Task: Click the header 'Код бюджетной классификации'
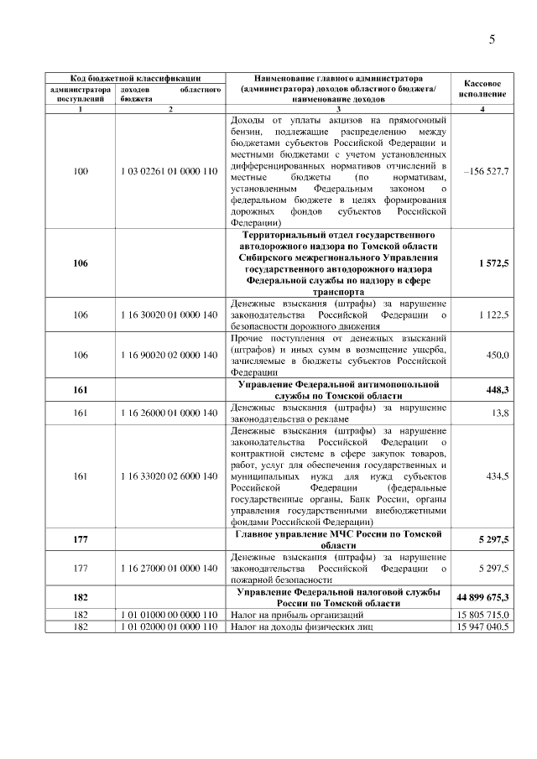click(x=134, y=77)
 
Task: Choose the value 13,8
click(x=500, y=413)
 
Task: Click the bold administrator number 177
click(x=81, y=539)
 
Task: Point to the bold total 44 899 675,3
click(x=482, y=597)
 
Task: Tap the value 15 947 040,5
click(x=482, y=626)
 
